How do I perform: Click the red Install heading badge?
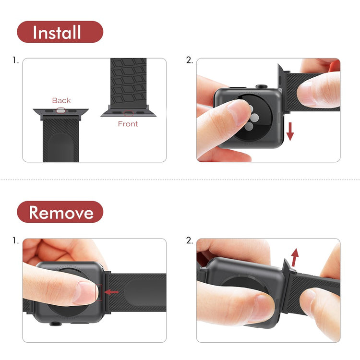(x=60, y=32)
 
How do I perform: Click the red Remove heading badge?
(x=60, y=212)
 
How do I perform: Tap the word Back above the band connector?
(x=61, y=100)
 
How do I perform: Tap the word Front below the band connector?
(x=128, y=124)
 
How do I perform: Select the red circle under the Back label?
(x=61, y=111)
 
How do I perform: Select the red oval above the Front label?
(x=129, y=113)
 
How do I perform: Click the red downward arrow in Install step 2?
(x=290, y=132)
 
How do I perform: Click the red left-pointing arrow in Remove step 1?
(x=111, y=292)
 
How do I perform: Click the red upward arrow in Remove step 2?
(x=295, y=257)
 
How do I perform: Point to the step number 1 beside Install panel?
(x=15, y=60)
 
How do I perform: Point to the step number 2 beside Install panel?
(x=190, y=60)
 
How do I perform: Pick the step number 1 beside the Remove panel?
(x=15, y=240)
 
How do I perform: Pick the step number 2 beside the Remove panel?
(x=190, y=240)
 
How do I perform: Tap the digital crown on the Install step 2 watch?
(x=262, y=86)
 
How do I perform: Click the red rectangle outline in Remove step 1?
(x=99, y=292)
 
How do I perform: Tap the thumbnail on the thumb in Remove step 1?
(x=85, y=292)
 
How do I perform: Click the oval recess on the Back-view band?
(x=61, y=147)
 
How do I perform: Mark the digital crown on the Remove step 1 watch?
(x=56, y=324)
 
